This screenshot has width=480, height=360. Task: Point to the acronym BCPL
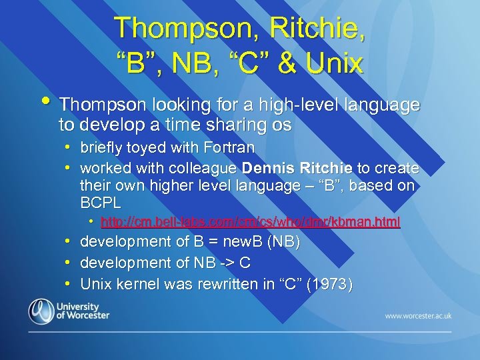coord(100,203)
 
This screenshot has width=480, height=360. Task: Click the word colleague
coord(204,167)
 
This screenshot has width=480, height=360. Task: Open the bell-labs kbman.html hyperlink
coord(250,221)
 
